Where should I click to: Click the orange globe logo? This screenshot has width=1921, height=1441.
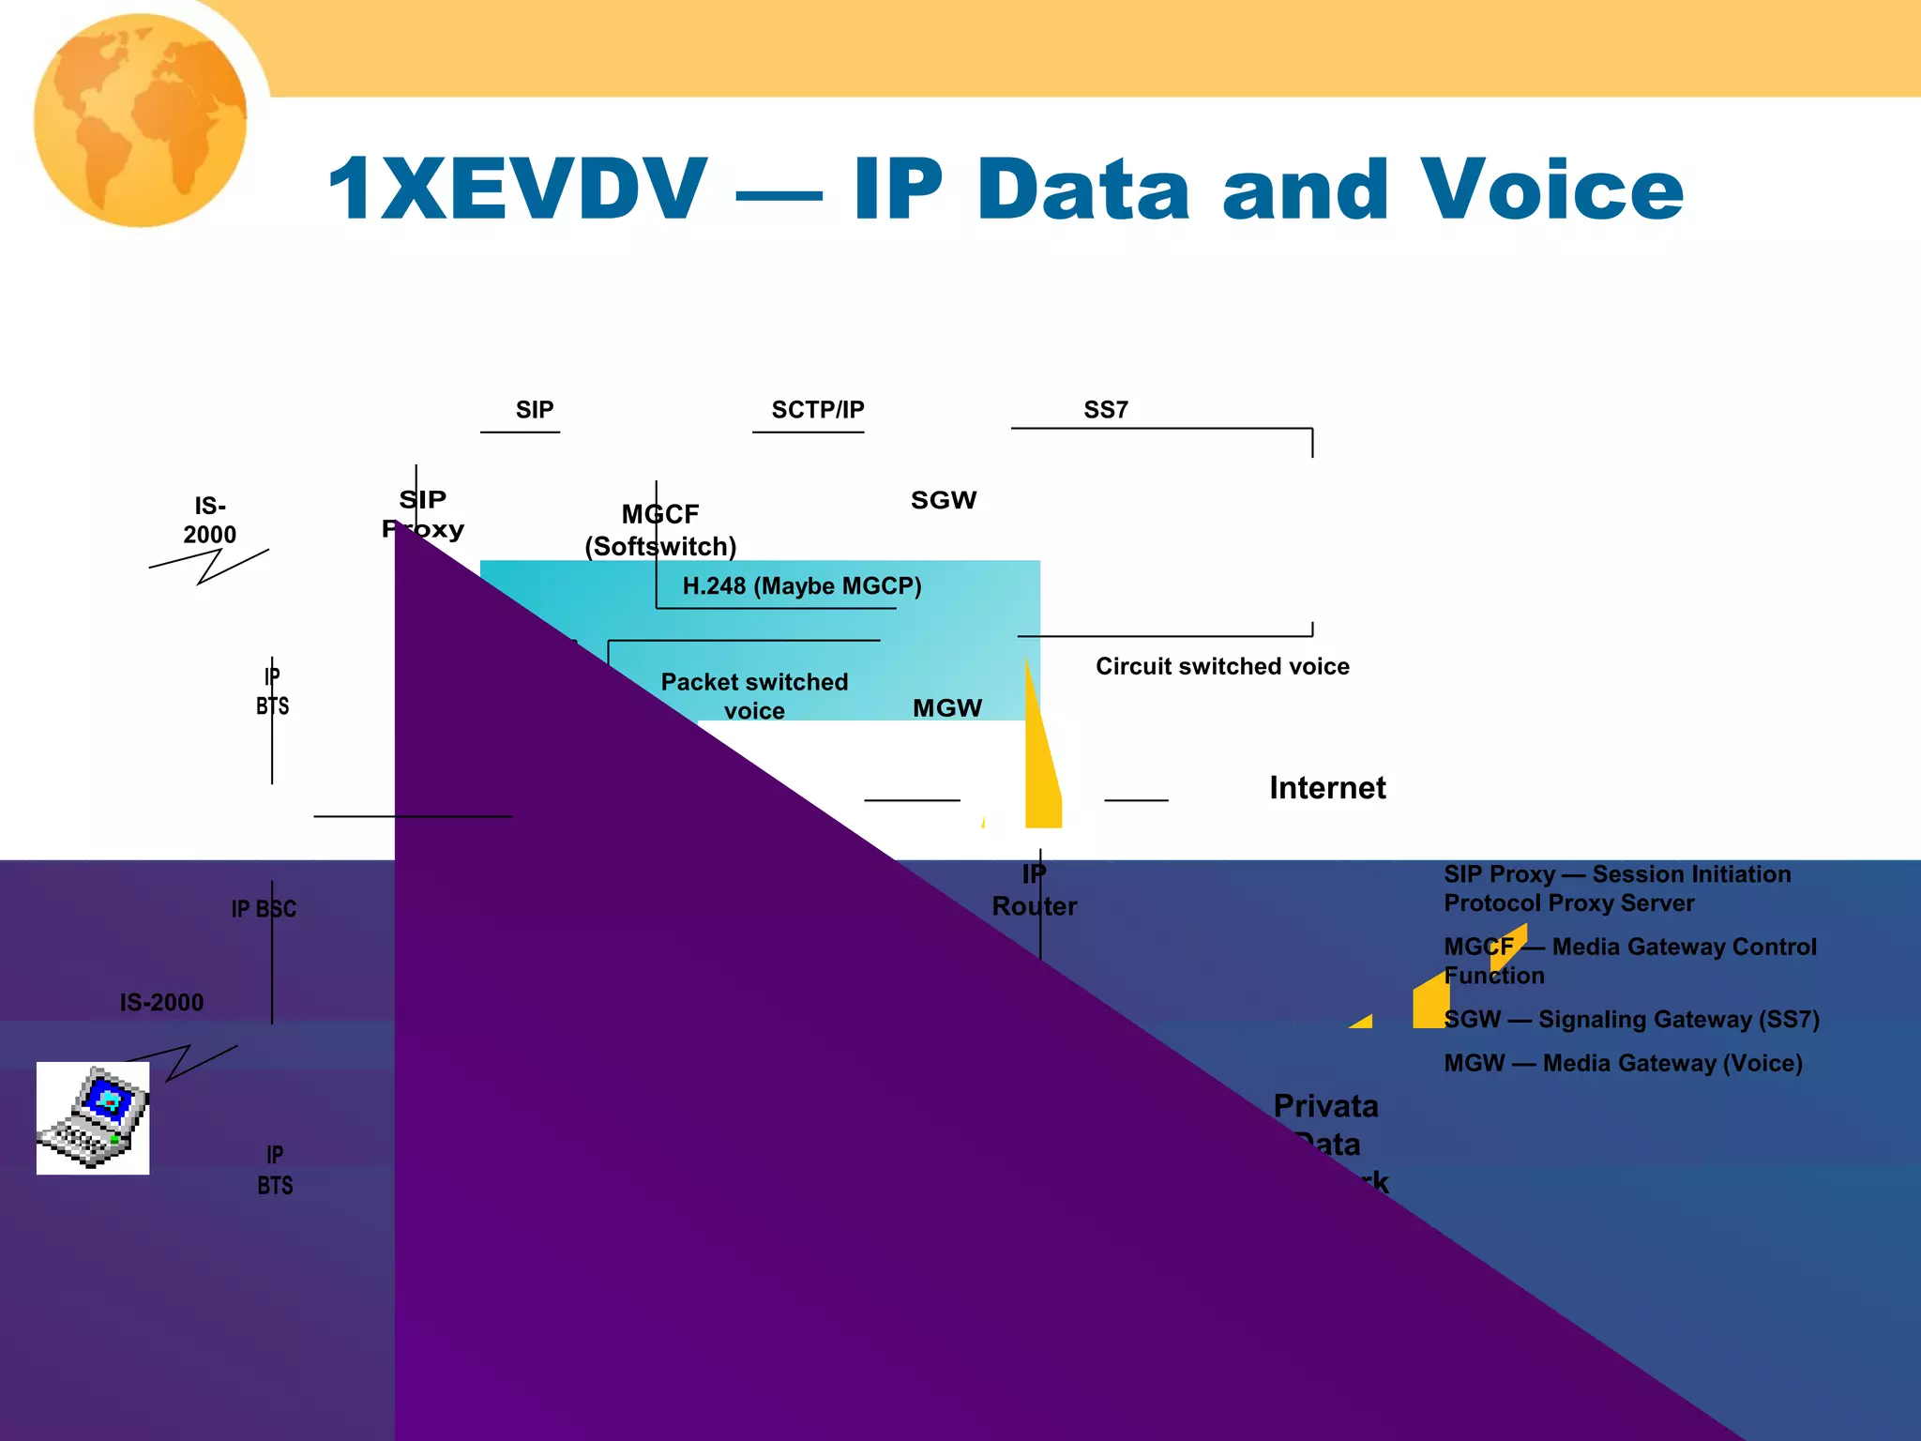tap(141, 120)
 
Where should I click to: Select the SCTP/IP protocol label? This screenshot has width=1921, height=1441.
tap(817, 410)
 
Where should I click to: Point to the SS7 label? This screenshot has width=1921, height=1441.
tap(1106, 410)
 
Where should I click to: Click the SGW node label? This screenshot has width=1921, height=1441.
tap(944, 500)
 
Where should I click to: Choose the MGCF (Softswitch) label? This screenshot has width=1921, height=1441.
tap(660, 530)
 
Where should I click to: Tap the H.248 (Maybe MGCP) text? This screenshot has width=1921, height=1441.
tap(802, 586)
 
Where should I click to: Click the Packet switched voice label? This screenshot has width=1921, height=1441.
tap(754, 695)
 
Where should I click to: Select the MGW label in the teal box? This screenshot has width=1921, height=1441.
tap(947, 708)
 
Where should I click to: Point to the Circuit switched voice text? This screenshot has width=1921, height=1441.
tap(1222, 666)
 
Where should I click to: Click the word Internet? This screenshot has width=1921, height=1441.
tap(1327, 788)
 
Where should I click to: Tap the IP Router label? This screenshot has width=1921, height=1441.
tap(1035, 890)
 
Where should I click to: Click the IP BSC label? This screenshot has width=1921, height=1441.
tap(264, 909)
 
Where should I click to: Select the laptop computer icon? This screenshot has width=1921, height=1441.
tap(93, 1117)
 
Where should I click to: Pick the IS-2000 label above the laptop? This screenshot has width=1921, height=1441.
tap(161, 1002)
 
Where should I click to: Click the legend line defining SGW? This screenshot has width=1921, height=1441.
tap(1631, 1020)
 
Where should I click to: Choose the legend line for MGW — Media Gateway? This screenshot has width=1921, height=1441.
tap(1623, 1063)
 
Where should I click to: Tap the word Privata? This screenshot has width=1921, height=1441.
tap(1325, 1106)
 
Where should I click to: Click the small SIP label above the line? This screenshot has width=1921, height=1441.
tap(535, 410)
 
